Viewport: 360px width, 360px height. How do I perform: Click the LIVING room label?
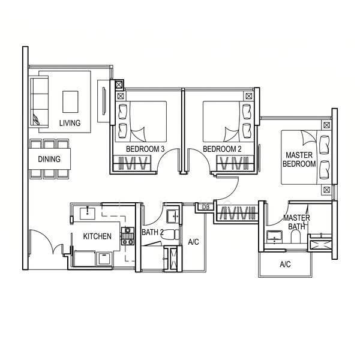(70, 123)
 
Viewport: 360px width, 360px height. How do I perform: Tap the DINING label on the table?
(49, 159)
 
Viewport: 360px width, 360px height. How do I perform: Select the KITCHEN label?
(97, 236)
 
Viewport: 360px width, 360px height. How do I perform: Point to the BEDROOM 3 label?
(145, 149)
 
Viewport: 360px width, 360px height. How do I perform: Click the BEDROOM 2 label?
(222, 149)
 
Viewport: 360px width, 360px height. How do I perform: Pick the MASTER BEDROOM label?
(299, 160)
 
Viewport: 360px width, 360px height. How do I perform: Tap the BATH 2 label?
(152, 232)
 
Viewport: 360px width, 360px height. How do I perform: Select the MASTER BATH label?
(296, 222)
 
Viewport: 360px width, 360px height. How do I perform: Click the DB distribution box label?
(206, 207)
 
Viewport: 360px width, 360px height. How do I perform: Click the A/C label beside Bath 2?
(193, 242)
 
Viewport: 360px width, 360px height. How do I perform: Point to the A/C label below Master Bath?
(285, 264)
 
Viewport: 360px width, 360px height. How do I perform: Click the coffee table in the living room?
(70, 102)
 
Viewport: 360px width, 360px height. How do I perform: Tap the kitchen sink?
(88, 214)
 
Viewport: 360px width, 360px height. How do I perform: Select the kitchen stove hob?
(128, 236)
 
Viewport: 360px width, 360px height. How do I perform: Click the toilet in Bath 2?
(170, 235)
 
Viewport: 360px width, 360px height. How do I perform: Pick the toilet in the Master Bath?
(295, 236)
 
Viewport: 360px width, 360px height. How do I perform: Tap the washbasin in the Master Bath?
(274, 237)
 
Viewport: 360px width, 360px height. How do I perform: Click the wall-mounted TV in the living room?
(104, 101)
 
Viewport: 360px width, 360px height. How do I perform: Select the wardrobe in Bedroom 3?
(133, 163)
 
